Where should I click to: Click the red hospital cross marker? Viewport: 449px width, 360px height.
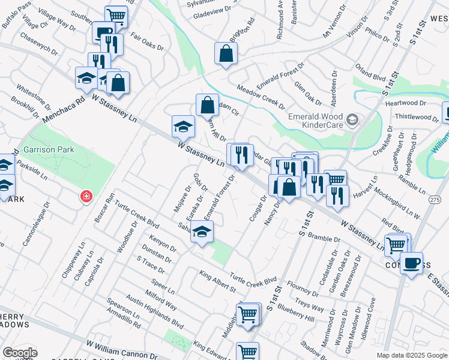pos(87,196)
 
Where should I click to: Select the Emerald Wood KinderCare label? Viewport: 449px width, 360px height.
pos(316,121)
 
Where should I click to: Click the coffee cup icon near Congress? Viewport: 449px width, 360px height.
pos(412,263)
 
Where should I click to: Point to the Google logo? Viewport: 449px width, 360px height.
pos(20,353)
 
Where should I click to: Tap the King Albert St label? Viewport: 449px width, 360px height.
pos(218,281)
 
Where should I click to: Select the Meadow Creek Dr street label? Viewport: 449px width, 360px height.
pos(261,96)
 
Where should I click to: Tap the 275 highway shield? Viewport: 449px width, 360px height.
pos(435,199)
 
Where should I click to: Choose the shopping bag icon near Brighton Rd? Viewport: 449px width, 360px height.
pos(226,54)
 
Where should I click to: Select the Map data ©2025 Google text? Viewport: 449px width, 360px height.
pos(411,355)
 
